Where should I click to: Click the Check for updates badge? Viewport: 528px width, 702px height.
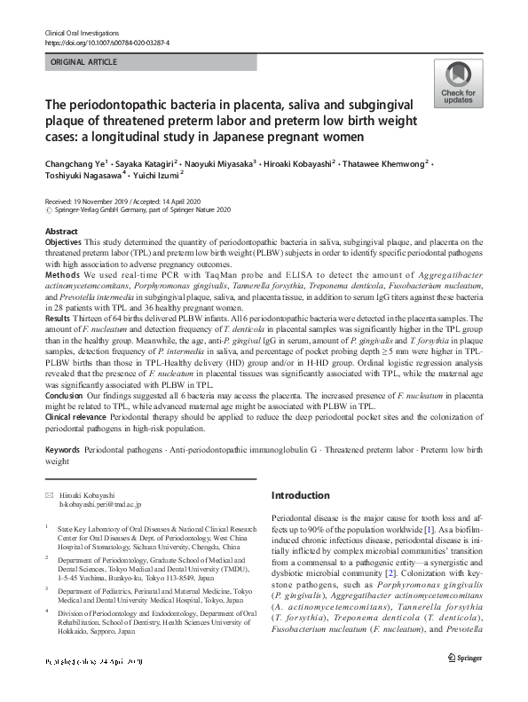[x=456, y=85]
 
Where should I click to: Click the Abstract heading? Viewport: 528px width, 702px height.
[x=61, y=231]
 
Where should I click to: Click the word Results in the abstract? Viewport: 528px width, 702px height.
[x=59, y=317]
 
